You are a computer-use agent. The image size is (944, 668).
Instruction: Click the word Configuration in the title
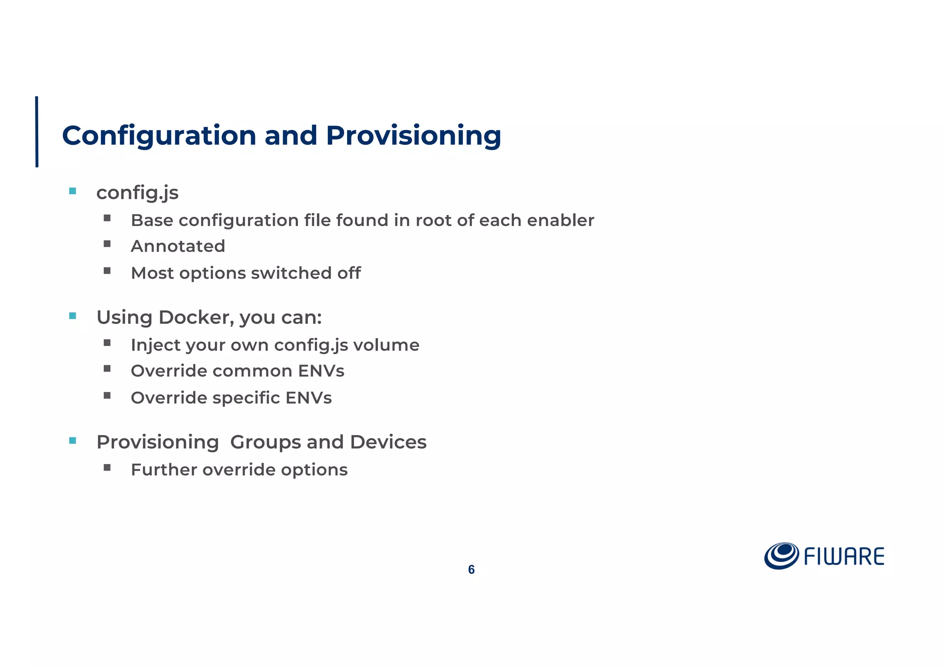pyautogui.click(x=159, y=136)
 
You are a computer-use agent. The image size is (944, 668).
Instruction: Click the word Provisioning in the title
pyautogui.click(x=413, y=136)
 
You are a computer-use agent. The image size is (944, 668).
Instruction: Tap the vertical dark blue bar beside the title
pyautogui.click(x=37, y=131)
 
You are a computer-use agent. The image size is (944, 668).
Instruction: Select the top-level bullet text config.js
pyautogui.click(x=137, y=193)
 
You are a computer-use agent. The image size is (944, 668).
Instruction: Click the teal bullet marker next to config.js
pyautogui.click(x=72, y=191)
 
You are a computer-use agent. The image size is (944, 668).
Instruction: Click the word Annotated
pyautogui.click(x=178, y=246)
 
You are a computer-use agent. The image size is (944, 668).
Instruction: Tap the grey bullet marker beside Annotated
pyautogui.click(x=107, y=244)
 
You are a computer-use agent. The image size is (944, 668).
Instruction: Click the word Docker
pyautogui.click(x=196, y=317)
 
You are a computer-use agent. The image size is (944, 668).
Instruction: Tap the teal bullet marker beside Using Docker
pyautogui.click(x=72, y=316)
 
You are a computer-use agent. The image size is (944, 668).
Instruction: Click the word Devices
pyautogui.click(x=388, y=442)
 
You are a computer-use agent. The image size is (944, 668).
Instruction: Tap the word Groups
pyautogui.click(x=265, y=442)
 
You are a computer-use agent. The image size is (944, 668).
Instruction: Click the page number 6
pyautogui.click(x=471, y=570)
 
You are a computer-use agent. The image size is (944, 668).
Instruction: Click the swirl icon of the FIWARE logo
pyautogui.click(x=781, y=555)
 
